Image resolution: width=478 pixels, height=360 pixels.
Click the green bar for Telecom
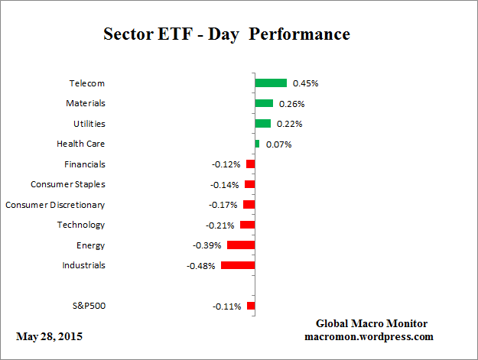click(271, 83)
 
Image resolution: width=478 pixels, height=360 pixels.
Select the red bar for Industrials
click(237, 265)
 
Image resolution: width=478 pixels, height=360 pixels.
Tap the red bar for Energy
click(240, 245)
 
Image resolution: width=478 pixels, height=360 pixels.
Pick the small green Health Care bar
click(257, 144)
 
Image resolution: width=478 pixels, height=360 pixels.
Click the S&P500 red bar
click(251, 306)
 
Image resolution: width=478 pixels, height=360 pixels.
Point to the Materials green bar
click(264, 103)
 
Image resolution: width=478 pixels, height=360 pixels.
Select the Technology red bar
click(247, 225)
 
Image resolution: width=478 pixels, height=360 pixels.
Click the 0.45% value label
click(305, 83)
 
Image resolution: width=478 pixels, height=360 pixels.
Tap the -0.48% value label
click(201, 266)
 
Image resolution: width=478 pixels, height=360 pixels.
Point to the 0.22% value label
click(290, 124)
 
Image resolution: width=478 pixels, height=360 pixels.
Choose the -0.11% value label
click(226, 306)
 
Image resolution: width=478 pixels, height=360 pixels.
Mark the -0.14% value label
click(225, 185)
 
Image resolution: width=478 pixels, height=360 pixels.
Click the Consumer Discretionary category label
click(55, 205)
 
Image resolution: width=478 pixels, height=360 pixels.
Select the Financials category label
click(85, 164)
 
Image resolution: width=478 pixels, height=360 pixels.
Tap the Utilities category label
click(89, 124)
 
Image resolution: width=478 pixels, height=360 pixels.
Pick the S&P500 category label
click(87, 306)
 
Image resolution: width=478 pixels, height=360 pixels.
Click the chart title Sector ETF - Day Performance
click(226, 35)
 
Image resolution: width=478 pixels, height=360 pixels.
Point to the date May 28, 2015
click(49, 336)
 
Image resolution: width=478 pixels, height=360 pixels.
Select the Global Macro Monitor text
click(371, 323)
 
